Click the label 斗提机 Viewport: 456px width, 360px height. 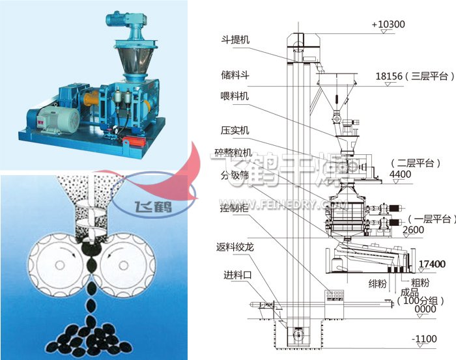235,40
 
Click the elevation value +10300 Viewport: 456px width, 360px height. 388,25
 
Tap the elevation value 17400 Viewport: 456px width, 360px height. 432,264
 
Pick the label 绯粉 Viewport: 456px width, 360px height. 378,283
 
